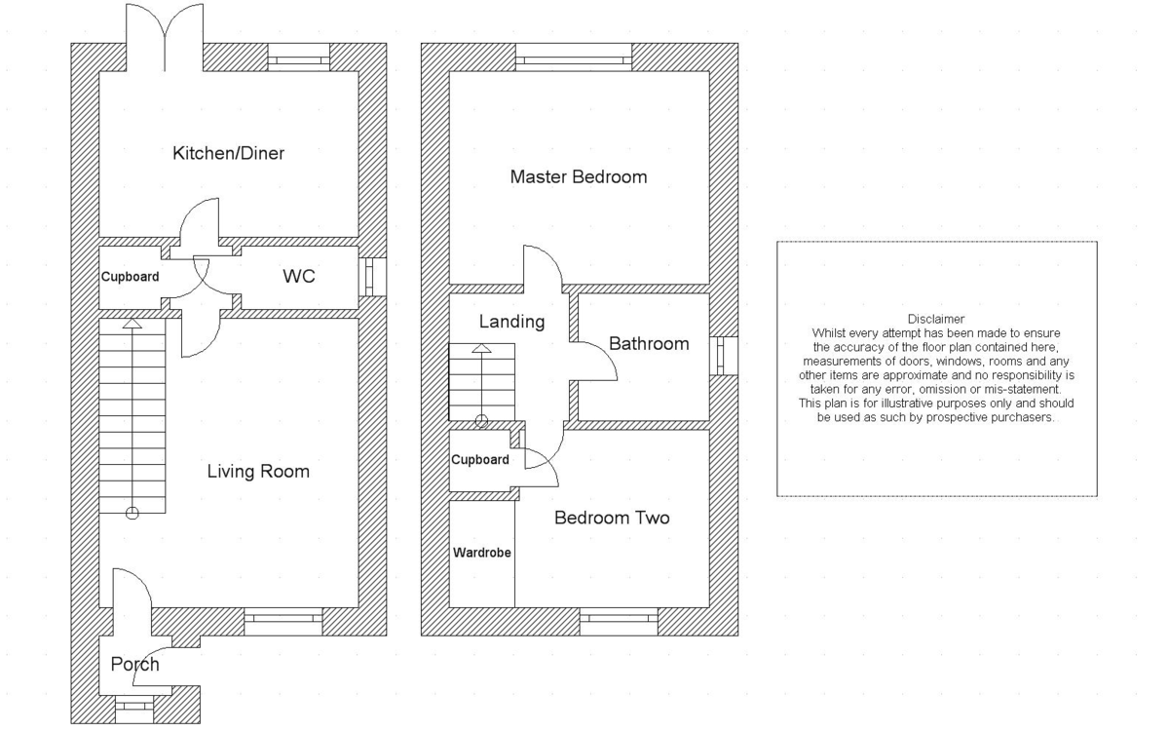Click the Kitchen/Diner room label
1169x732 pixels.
[228, 153]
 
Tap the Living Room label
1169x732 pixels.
[258, 472]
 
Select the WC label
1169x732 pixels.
[298, 277]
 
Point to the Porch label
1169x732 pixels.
[134, 665]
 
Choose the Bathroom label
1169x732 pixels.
[649, 344]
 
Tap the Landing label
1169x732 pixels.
[511, 322]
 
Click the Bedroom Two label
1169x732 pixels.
[612, 518]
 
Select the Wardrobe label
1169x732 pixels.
[482, 553]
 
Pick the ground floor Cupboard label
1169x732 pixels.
[130, 277]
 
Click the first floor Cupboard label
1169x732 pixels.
[479, 460]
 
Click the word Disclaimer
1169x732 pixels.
[935, 319]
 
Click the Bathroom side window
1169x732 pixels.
[724, 356]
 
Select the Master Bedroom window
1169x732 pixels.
[573, 58]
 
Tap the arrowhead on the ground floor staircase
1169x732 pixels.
[132, 326]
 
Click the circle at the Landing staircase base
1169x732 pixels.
[481, 422]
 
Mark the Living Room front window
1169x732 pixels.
[283, 620]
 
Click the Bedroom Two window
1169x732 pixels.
[619, 621]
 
